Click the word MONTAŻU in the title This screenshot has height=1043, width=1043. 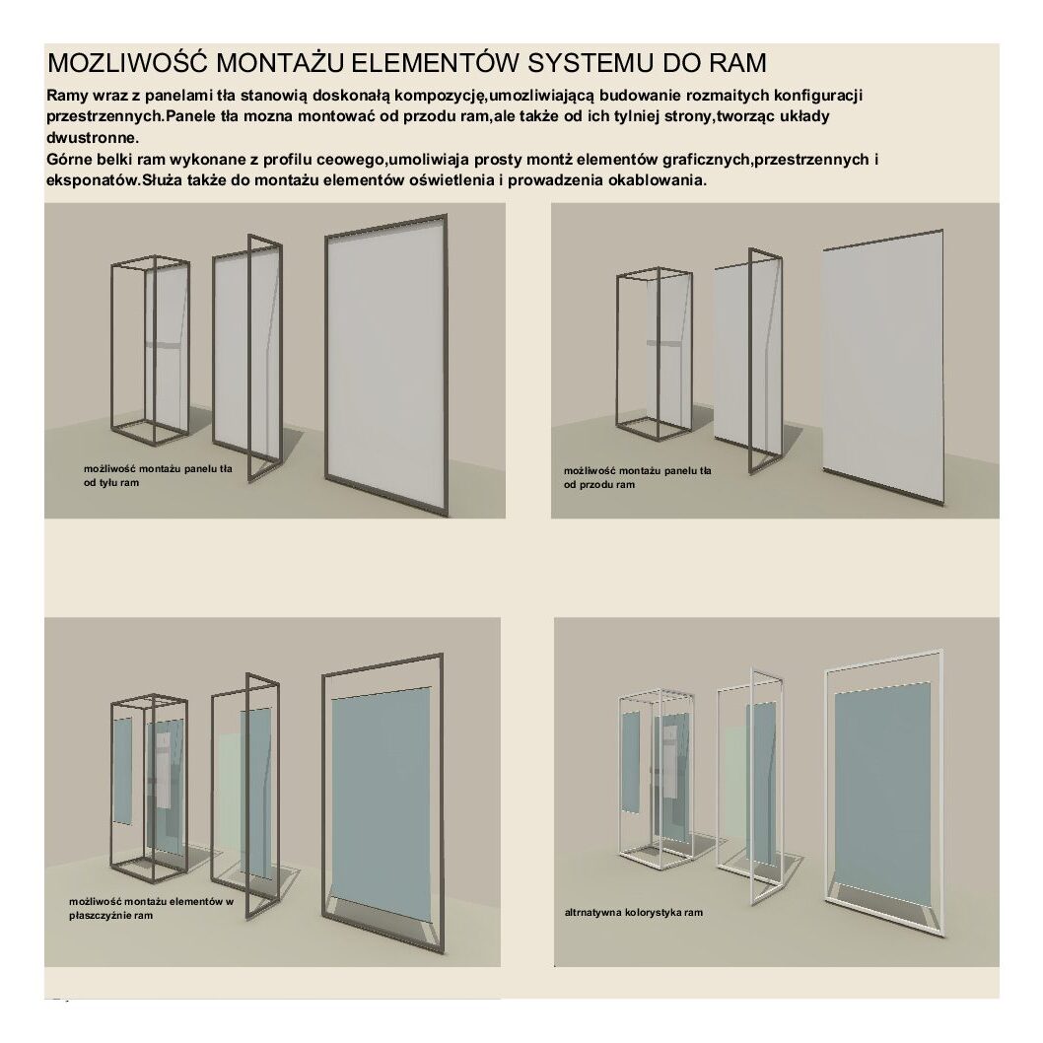tap(281, 62)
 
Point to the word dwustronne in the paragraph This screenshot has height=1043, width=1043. tap(91, 138)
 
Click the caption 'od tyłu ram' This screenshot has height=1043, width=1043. tap(111, 482)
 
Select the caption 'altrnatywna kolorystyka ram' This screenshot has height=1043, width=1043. tap(633, 913)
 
